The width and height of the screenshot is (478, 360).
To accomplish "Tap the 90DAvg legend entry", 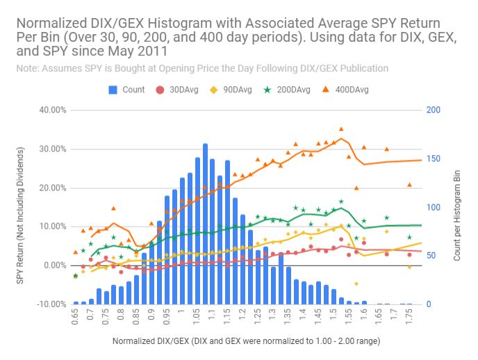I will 230,90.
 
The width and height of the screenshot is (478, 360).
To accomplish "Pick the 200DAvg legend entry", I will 284,90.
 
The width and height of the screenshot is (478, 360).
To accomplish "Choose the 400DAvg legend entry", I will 343,90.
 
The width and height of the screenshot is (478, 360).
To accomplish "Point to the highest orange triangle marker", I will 341,129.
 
